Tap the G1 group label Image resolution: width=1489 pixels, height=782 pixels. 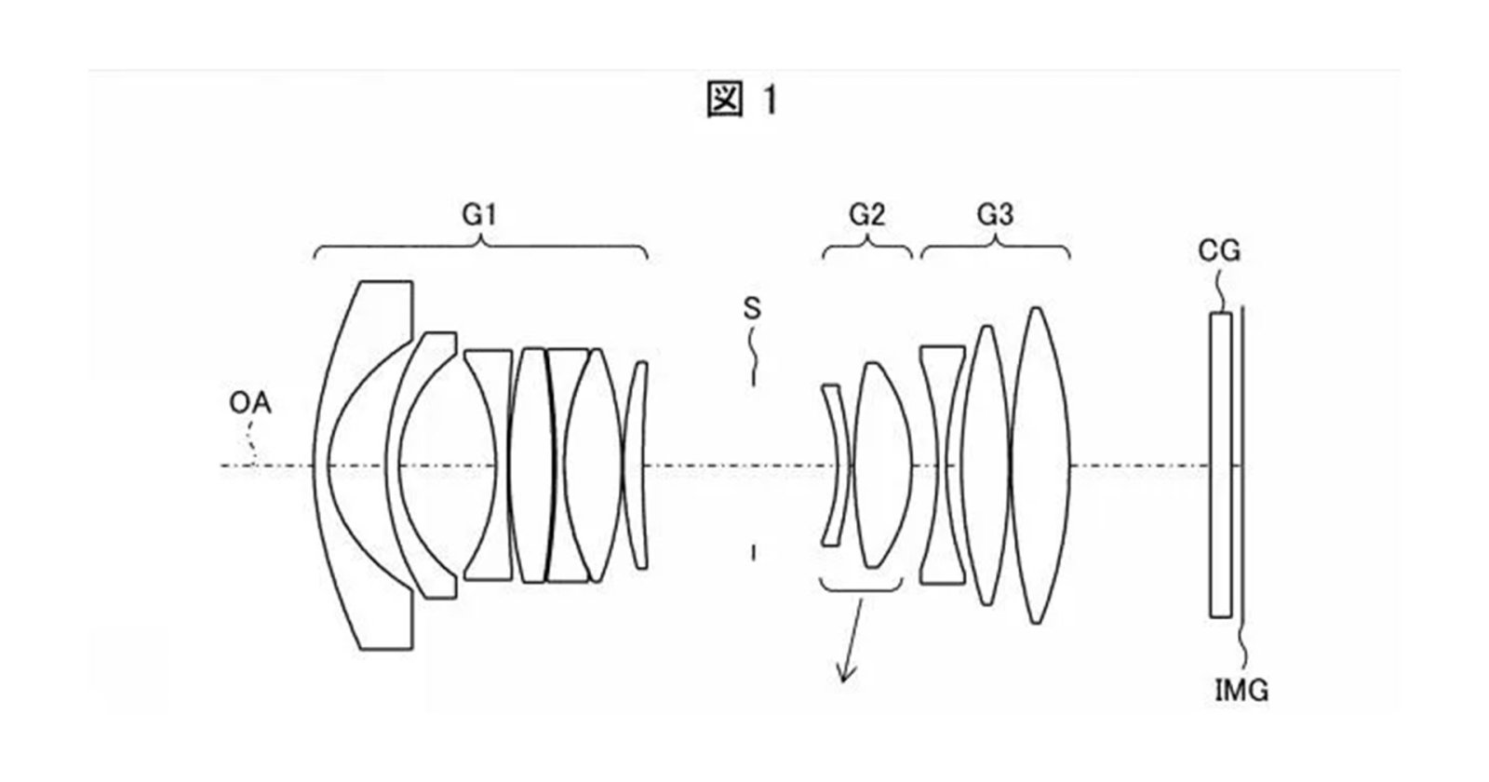tap(479, 216)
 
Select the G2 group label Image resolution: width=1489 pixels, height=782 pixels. tap(866, 216)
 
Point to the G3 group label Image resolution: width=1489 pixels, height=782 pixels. tap(995, 216)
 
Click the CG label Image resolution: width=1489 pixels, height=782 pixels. tap(1220, 250)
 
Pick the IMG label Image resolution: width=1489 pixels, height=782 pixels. tap(1241, 691)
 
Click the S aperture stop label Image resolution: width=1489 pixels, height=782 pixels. tap(752, 309)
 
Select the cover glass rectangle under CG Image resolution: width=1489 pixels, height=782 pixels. tap(1220, 465)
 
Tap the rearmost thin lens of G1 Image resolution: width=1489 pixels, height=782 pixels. tap(637, 465)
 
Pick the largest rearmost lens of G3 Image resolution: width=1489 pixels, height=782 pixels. tap(1040, 465)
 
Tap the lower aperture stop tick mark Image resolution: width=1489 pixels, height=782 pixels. tap(753, 554)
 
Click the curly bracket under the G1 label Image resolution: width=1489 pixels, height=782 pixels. tap(481, 247)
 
